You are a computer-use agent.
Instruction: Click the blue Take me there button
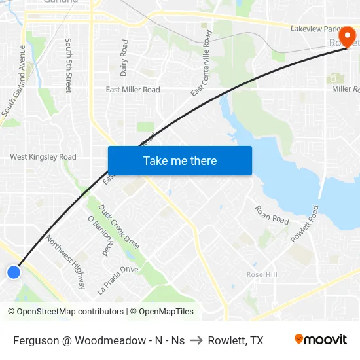tap(180, 160)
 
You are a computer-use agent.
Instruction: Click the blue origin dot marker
tap(14, 272)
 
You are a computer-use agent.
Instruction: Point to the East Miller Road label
tap(133, 90)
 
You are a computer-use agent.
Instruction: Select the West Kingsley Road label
tap(43, 157)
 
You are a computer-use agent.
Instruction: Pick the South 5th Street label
tap(68, 65)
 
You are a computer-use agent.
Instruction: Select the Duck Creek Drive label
tap(118, 226)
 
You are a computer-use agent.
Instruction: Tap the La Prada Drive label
tap(118, 279)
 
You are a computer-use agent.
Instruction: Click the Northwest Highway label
tap(66, 262)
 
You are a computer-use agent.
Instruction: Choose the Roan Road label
tap(272, 215)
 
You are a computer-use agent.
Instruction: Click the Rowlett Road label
tap(304, 225)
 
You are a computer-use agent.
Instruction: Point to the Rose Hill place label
tap(262, 274)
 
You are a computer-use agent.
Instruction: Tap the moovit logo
tap(320, 340)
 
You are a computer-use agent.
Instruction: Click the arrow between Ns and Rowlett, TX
tap(196, 340)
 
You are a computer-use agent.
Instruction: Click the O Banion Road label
tap(99, 236)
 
